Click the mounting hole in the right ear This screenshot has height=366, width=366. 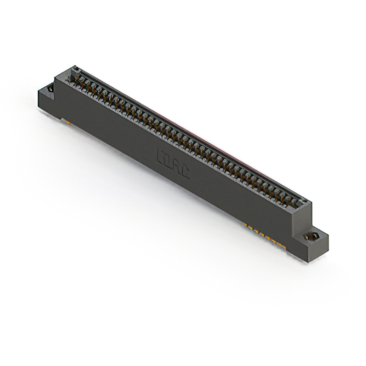click(312, 236)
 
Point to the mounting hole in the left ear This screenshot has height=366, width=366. click(50, 89)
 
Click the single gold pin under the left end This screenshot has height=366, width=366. click(67, 121)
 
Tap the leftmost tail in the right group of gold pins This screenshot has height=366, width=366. click(246, 225)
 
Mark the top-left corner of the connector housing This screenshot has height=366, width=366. click(55, 78)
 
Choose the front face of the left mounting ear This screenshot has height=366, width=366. click(46, 104)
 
